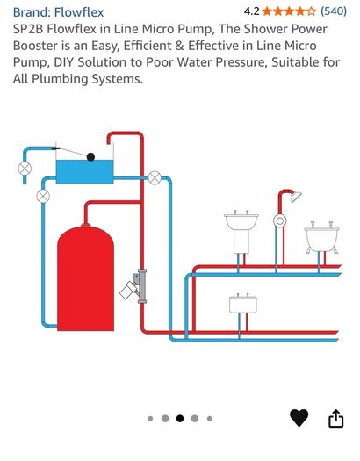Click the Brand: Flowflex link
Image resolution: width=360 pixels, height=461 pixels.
pyautogui.click(x=58, y=12)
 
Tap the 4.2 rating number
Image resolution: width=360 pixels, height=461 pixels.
pyautogui.click(x=251, y=11)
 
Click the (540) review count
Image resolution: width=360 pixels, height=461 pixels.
pyautogui.click(x=334, y=11)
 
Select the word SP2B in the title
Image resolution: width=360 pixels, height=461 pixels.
pyautogui.click(x=28, y=29)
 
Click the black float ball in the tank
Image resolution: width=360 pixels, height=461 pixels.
pyautogui.click(x=90, y=157)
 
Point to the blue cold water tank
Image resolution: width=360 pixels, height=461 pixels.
pyautogui.click(x=84, y=172)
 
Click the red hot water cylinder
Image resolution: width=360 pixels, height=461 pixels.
pyautogui.click(x=85, y=277)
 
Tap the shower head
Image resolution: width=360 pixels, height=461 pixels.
pyautogui.click(x=296, y=197)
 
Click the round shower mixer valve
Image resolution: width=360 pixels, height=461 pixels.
pyautogui.click(x=279, y=220)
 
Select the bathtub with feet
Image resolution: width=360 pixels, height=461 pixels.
pyautogui.click(x=321, y=238)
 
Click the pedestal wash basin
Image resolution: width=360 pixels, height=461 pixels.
pyautogui.click(x=241, y=233)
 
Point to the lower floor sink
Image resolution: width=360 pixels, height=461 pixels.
pyautogui.click(x=243, y=304)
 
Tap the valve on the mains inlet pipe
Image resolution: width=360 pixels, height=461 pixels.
pyautogui.click(x=25, y=169)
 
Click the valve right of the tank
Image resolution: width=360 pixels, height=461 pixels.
pyautogui.click(x=155, y=178)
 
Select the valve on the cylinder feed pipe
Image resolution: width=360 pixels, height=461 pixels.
pyautogui.click(x=43, y=196)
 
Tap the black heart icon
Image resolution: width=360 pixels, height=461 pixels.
pyautogui.click(x=299, y=418)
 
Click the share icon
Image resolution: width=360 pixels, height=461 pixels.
pyautogui.click(x=336, y=418)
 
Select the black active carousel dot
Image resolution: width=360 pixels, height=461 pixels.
pyautogui.click(x=180, y=418)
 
